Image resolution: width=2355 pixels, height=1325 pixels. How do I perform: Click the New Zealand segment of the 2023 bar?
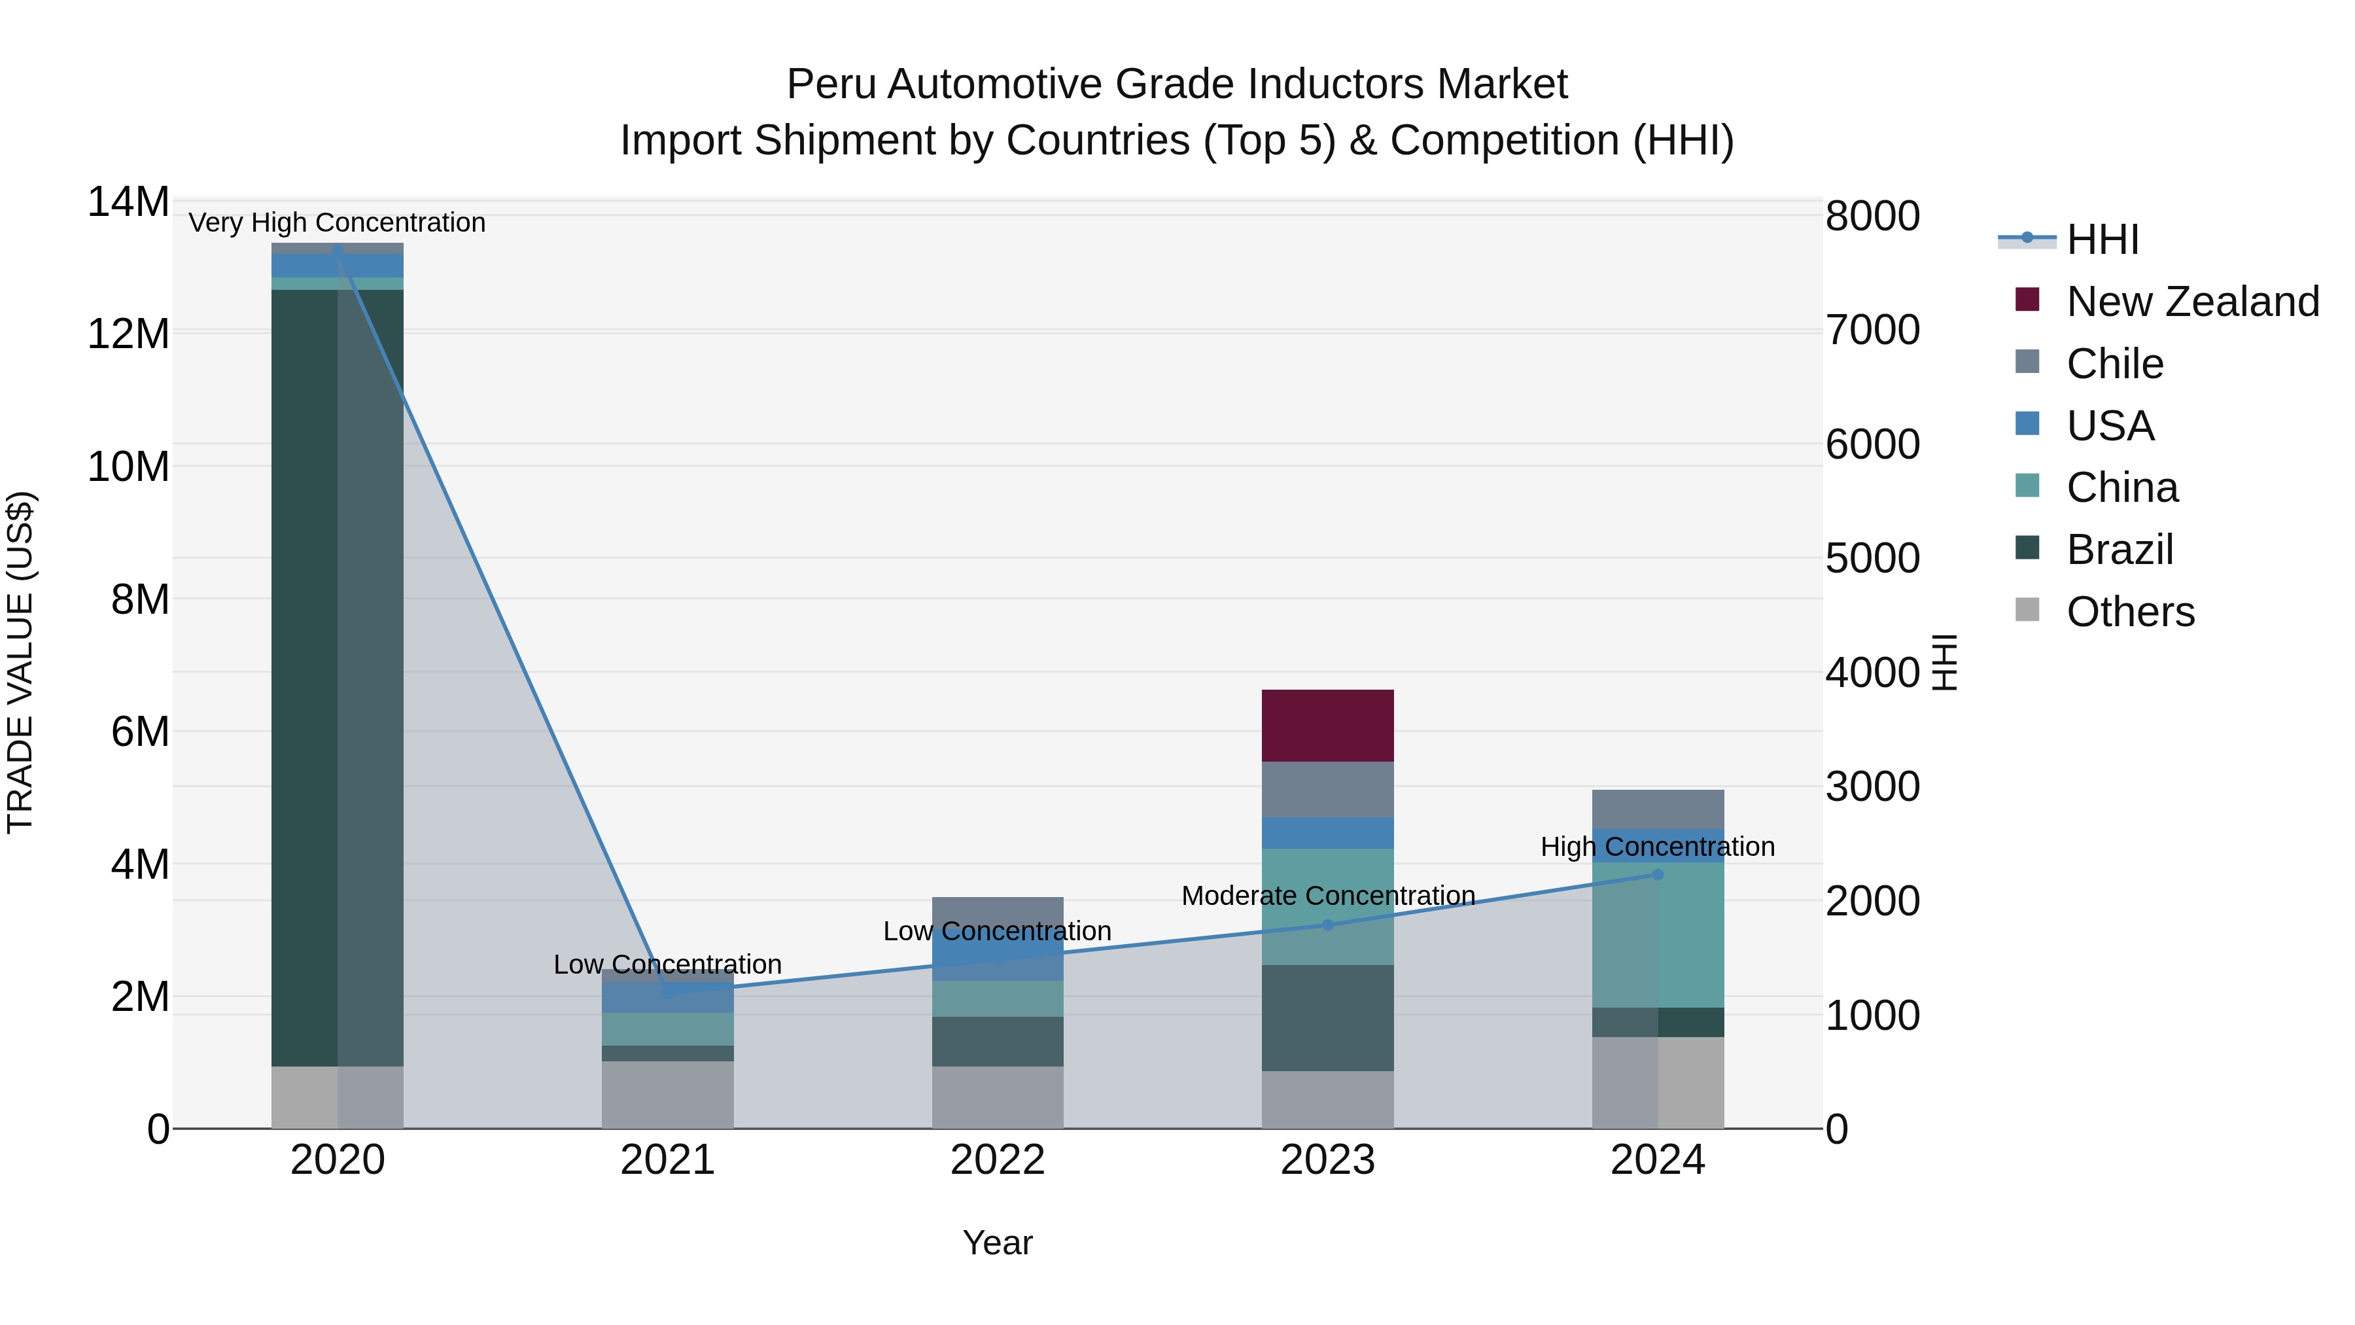point(1327,725)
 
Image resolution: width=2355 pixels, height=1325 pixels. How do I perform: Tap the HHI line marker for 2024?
point(1658,874)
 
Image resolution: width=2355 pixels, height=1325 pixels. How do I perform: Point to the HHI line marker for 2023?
point(1327,925)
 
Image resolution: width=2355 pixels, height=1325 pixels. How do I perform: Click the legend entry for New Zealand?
point(2191,301)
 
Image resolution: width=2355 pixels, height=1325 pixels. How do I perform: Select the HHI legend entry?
point(2102,239)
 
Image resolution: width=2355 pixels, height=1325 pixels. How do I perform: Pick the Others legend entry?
point(2129,612)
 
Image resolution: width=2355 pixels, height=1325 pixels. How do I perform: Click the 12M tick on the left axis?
point(128,334)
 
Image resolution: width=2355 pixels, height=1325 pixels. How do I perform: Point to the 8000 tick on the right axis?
point(1872,217)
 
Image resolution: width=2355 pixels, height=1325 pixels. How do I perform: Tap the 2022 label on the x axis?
point(998,1160)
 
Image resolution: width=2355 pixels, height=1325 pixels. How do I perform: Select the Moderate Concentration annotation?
point(1327,895)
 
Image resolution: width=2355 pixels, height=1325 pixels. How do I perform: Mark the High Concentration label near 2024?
point(1658,847)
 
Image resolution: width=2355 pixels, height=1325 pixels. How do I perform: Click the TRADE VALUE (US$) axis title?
point(21,662)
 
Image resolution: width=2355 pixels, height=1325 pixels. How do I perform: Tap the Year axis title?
point(998,1243)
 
